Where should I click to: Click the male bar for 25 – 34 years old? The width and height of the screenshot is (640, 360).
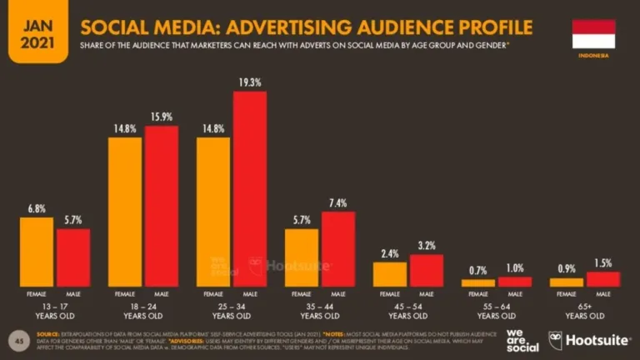[250, 189]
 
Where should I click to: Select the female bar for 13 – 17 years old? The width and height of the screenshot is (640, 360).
[37, 252]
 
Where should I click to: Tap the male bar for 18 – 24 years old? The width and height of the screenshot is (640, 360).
[161, 206]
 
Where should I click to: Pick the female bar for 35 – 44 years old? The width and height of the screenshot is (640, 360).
[302, 257]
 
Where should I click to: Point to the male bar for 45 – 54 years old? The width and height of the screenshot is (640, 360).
[426, 270]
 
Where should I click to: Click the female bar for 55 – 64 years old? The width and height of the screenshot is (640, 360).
[478, 282]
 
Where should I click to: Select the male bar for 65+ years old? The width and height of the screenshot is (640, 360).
[602, 279]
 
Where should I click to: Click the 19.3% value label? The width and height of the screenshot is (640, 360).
[250, 82]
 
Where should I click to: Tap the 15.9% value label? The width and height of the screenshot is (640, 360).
[161, 117]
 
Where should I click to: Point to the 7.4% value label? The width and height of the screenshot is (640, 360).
[337, 202]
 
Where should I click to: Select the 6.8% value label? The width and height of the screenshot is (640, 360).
[37, 208]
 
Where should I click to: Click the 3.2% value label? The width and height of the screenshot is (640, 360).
[426, 246]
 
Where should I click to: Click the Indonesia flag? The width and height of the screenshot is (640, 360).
[593, 33]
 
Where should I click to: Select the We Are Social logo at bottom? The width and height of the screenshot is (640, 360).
[521, 339]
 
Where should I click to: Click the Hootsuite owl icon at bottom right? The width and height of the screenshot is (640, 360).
[556, 339]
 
